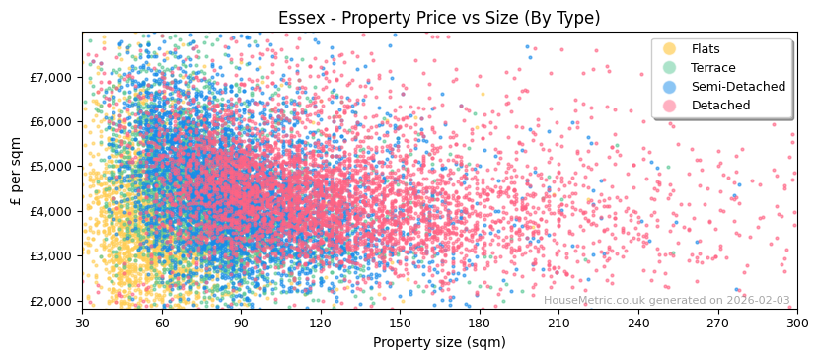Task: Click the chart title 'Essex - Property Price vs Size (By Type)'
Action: [438, 18]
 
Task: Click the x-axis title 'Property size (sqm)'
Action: [439, 342]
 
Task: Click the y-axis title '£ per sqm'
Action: [17, 171]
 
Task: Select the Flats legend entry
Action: [705, 49]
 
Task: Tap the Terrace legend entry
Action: [712, 68]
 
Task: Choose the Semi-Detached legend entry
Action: [738, 87]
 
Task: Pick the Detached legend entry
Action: [720, 106]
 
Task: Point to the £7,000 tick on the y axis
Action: [51, 77]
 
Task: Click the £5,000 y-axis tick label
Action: [51, 167]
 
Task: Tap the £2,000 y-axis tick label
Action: [51, 301]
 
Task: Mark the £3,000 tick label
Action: [51, 256]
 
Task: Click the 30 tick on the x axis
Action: [82, 323]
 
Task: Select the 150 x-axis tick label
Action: [400, 323]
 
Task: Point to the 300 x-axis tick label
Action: [796, 323]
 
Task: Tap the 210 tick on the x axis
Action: [558, 323]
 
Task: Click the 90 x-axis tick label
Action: [241, 323]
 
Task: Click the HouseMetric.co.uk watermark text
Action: [666, 301]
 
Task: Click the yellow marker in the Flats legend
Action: [669, 49]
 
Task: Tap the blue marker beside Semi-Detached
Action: [669, 87]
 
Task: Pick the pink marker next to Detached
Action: [669, 106]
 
